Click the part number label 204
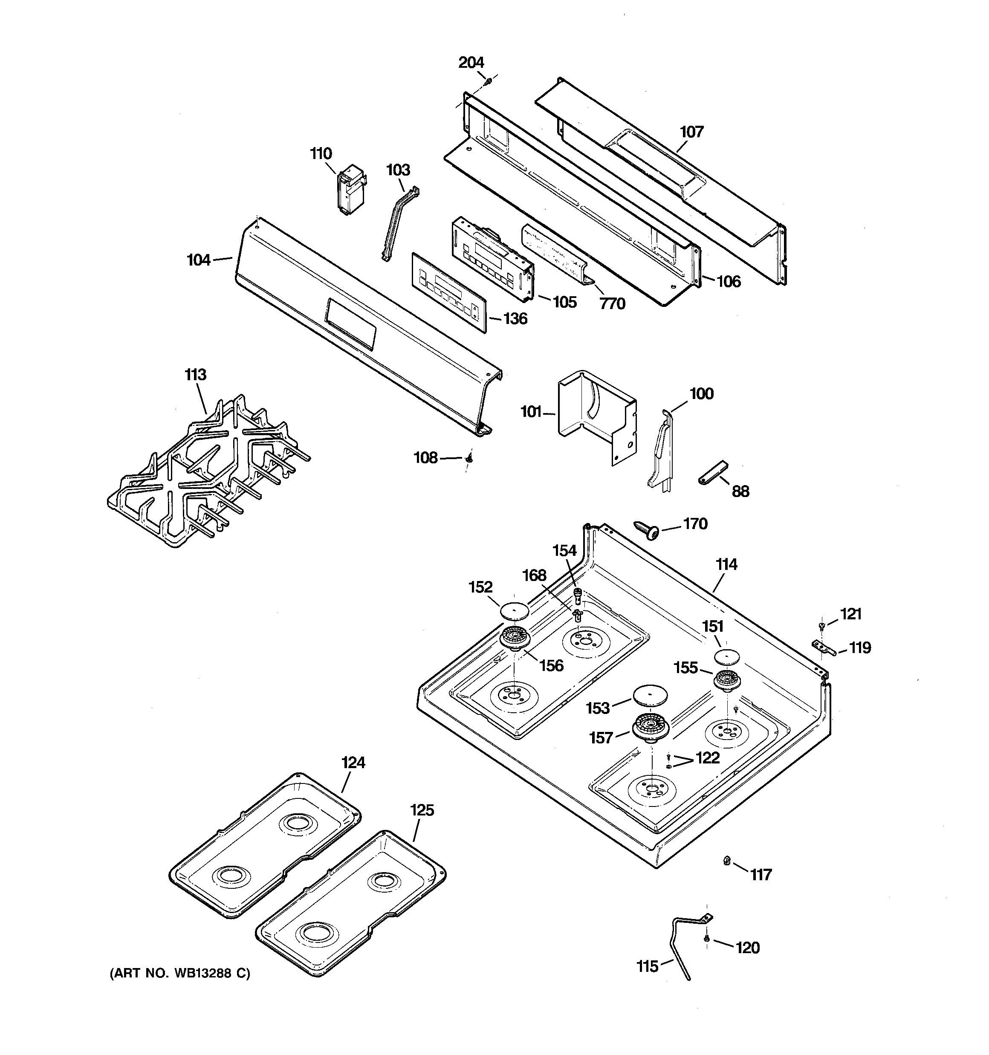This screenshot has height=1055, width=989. click(x=471, y=63)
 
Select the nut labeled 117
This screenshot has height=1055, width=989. click(x=726, y=860)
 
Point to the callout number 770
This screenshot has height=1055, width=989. click(x=613, y=304)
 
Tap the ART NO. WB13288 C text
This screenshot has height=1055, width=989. click(x=179, y=973)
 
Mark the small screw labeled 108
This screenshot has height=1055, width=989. click(x=469, y=457)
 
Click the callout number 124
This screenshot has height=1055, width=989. click(x=353, y=763)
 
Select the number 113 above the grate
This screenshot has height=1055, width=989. click(x=195, y=375)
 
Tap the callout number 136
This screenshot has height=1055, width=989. click(x=515, y=319)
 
